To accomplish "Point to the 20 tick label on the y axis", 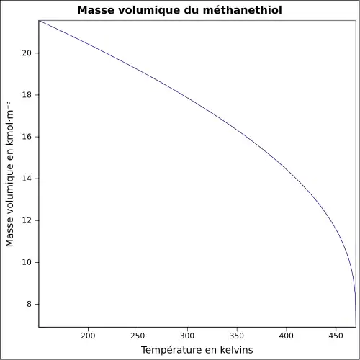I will click(26, 53).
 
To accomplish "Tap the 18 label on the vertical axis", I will click(26, 95).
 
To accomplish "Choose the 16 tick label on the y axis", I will click(26, 137).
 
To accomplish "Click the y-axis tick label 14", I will click(26, 179).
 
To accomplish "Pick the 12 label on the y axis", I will click(26, 220).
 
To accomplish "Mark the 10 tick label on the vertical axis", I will click(26, 262).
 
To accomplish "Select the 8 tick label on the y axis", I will click(29, 304).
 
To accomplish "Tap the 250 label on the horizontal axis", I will click(138, 336).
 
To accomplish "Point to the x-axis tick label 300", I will click(187, 336).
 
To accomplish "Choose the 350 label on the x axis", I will click(237, 336).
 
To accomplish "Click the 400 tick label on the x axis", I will click(287, 336).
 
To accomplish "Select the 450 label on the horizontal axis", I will click(336, 336).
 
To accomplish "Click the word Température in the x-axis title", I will click(171, 350).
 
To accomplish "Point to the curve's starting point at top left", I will click(39, 21).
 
